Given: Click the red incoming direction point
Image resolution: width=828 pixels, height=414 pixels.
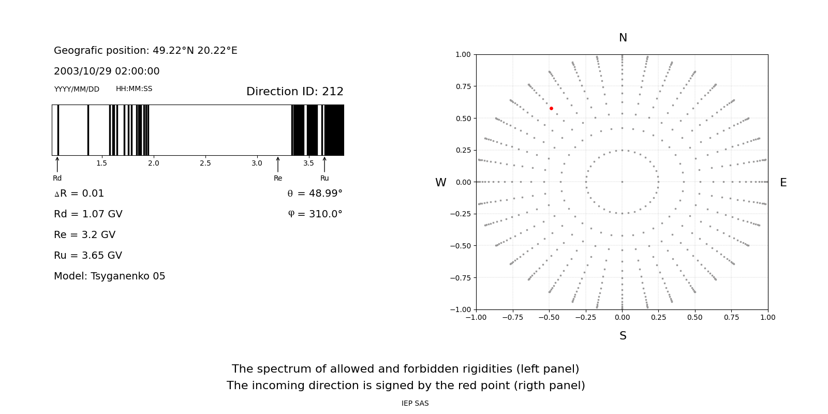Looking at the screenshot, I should pos(551,108).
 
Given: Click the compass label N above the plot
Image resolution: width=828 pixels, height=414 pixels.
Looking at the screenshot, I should pos(623,38).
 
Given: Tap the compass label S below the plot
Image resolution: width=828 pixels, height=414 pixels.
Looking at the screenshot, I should pos(623,336).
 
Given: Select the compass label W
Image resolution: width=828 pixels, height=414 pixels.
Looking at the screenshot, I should pos(440,183).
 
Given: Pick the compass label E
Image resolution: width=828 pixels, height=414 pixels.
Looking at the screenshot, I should pos(783,183).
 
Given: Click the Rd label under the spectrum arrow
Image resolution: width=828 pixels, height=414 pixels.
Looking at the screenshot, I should pos(57,178).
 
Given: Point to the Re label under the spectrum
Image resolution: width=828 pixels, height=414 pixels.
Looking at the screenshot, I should pos(278,178).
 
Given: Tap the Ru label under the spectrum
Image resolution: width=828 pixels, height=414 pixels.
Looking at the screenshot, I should pos(324,178).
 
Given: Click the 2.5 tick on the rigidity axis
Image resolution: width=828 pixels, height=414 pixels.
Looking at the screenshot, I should pos(205,163).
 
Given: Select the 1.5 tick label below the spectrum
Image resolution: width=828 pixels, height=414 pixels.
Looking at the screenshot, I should pos(101,163).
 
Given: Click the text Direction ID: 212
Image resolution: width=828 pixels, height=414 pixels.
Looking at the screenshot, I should pos(294,92).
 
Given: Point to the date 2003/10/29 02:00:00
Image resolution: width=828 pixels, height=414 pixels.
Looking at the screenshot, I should pos(107,71).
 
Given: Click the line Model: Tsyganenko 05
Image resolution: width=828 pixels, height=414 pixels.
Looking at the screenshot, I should pos(109,276).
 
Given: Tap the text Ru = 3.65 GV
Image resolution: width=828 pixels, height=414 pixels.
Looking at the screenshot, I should pos(88,255).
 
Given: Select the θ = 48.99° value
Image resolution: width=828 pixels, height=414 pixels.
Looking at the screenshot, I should pos(315,194).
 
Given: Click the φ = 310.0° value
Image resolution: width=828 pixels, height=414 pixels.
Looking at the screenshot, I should pos(315,214).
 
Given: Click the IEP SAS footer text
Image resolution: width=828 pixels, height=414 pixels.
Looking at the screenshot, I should pos(415,403).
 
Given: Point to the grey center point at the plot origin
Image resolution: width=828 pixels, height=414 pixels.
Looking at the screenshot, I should pos(622,182).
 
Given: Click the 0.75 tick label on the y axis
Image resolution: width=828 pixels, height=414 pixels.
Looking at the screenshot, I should pos(463,86).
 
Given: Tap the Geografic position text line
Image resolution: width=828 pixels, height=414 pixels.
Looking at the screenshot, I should pos(145,50).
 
